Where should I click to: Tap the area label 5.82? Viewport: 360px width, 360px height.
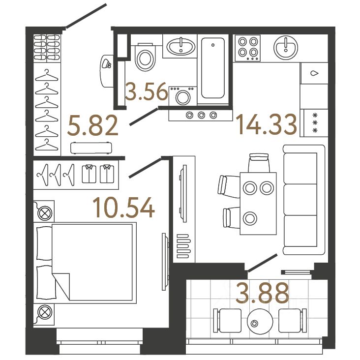[93, 126]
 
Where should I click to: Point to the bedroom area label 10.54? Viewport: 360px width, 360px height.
[124, 209]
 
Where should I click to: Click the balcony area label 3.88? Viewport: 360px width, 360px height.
[262, 294]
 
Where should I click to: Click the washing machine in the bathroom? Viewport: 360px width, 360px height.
[182, 95]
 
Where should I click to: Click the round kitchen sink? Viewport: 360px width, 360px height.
[286, 47]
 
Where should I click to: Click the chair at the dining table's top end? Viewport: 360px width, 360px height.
[259, 162]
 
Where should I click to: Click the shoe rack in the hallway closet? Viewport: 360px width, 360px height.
[47, 48]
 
